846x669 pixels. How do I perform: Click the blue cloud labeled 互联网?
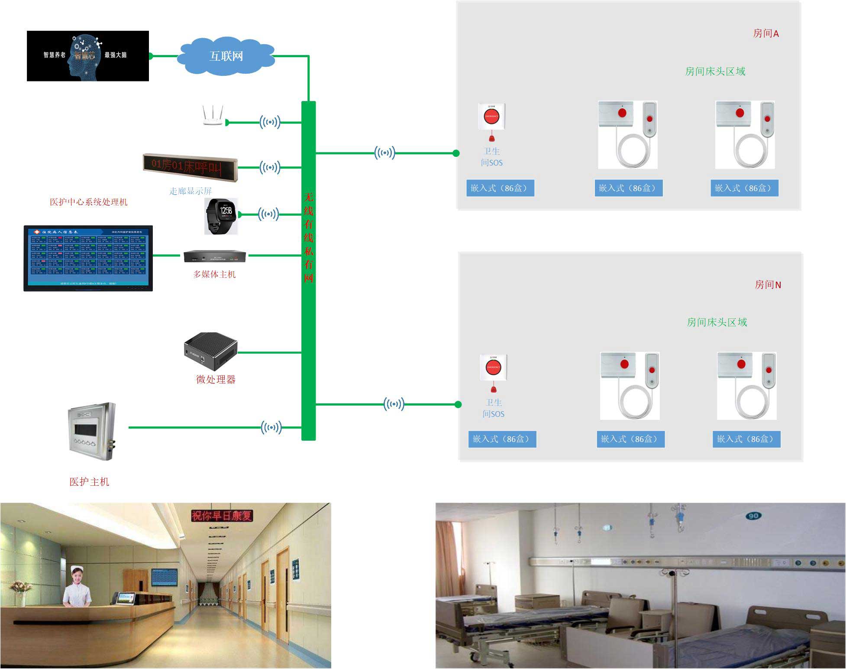(226, 56)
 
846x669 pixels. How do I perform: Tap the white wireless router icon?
(213, 116)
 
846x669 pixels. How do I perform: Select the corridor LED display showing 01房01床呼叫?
(190, 167)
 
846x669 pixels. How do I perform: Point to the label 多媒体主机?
(214, 274)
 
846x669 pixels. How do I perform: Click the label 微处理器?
(216, 380)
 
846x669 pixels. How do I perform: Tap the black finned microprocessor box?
(211, 350)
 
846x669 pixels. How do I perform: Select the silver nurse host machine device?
(92, 431)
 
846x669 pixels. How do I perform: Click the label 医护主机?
(89, 482)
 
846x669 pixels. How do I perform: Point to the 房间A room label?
(765, 33)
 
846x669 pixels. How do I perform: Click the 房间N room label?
(768, 285)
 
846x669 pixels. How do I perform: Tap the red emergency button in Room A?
(491, 116)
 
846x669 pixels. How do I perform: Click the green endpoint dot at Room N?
(458, 404)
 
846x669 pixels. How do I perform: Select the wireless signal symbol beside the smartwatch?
(268, 214)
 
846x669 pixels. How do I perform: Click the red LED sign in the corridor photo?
(222, 516)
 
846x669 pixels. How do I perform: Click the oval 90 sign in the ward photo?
(753, 516)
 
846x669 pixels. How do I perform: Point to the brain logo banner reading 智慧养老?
(88, 56)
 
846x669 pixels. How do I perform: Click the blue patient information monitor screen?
(88, 258)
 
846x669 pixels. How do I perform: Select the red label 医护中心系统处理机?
(88, 202)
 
